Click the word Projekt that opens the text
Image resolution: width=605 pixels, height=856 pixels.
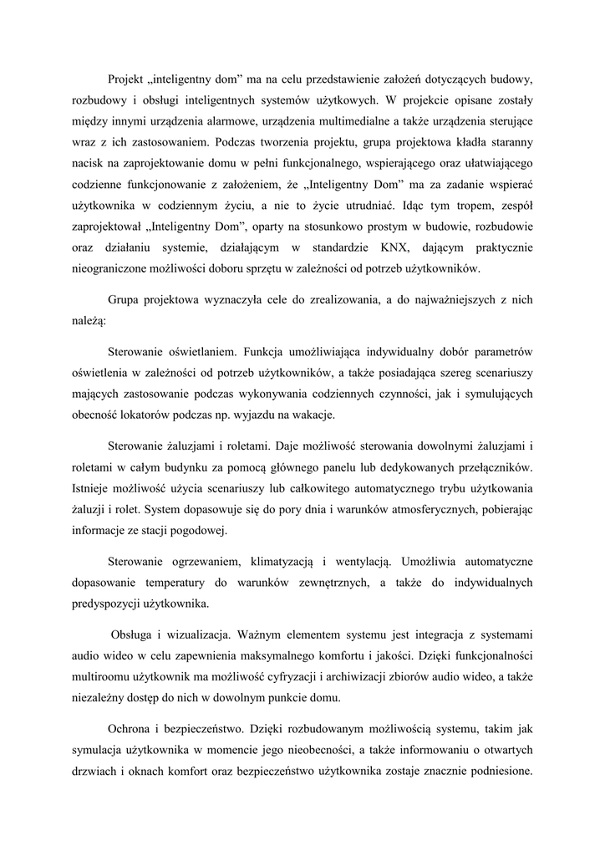pyautogui.click(x=126, y=79)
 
